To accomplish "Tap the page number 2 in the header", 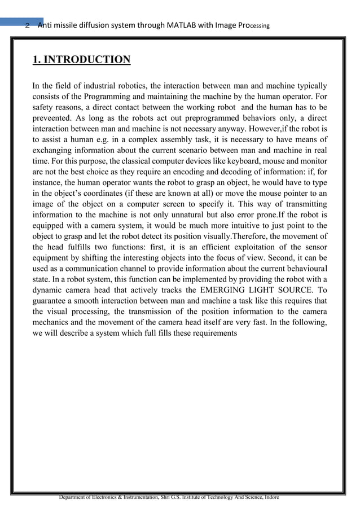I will tap(27, 25).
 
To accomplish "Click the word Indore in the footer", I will tap(269, 497).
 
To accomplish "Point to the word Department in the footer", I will tap(77, 497).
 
